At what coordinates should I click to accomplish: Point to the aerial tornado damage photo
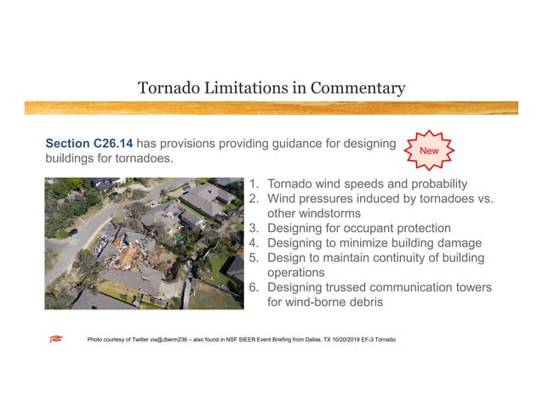(144, 243)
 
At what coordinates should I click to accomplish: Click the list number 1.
(254, 184)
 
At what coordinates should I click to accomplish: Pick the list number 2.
(254, 199)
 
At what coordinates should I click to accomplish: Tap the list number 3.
(254, 229)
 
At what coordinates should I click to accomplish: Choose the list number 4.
(254, 243)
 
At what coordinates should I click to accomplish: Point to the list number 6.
(254, 288)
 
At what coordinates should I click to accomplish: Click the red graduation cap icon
(56, 339)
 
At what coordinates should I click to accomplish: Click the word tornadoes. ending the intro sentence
(146, 160)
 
